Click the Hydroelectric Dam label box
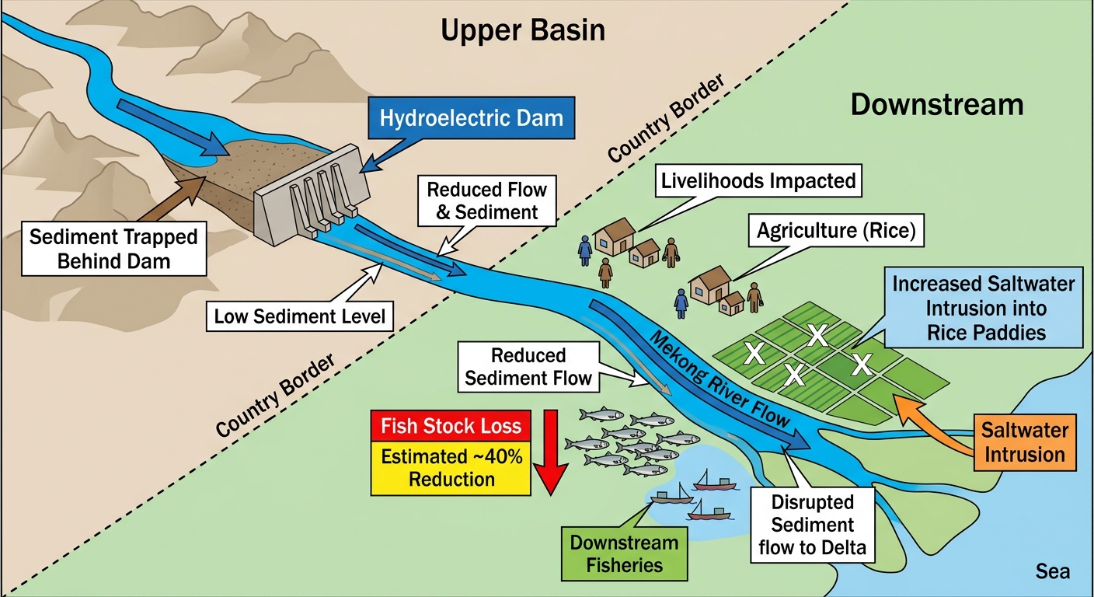[x=472, y=117]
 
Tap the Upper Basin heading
[x=523, y=30]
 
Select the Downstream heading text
[x=937, y=104]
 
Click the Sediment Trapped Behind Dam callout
[x=113, y=249]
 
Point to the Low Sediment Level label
[x=300, y=316]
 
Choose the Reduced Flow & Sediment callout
[x=487, y=201]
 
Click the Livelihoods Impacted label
[x=758, y=181]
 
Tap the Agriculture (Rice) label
[x=836, y=230]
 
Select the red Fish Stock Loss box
[x=451, y=426]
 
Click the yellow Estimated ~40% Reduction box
[x=451, y=468]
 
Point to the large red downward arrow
[x=551, y=452]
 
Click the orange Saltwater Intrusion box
[x=1025, y=442]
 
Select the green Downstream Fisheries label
[x=624, y=553]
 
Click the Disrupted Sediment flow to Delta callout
[x=812, y=525]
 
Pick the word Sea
[x=1053, y=571]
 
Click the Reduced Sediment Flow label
[x=528, y=367]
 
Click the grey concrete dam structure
[x=312, y=194]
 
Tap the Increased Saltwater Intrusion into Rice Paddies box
[x=983, y=308]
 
